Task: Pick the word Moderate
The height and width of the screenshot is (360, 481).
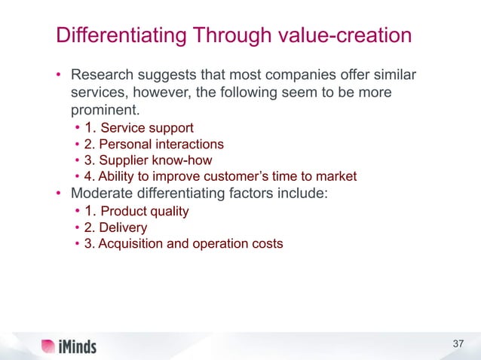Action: (99, 194)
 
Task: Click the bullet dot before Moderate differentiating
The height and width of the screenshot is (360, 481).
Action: (57, 194)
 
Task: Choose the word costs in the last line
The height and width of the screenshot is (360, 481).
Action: (268, 244)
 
